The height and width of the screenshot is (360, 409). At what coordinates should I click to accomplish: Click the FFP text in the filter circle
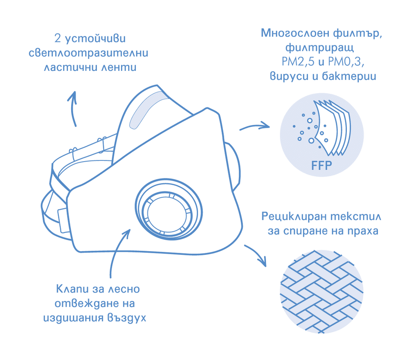321,165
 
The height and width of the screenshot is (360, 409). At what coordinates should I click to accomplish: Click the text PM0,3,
346,62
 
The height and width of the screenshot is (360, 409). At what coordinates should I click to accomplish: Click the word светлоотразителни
88,53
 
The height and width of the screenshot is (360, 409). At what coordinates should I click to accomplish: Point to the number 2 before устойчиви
57,38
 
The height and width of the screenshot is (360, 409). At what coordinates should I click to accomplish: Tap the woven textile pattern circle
321,291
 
